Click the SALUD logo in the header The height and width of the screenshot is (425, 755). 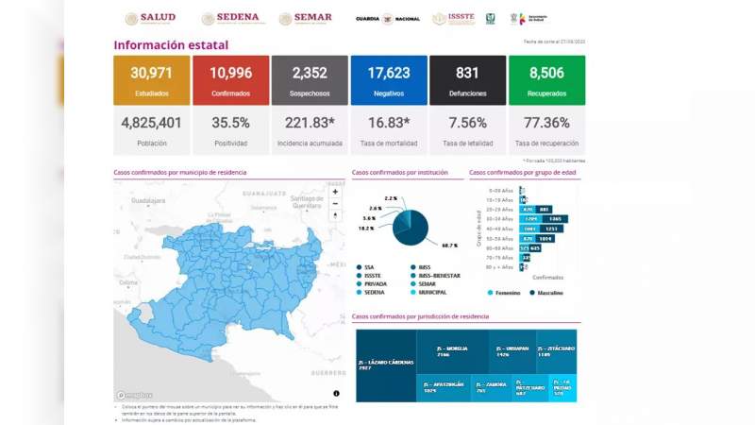pyautogui.click(x=150, y=19)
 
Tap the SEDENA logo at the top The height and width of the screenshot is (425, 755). pyautogui.click(x=230, y=19)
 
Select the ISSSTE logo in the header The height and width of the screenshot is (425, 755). pyautogui.click(x=454, y=19)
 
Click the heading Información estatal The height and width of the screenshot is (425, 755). pyautogui.click(x=171, y=45)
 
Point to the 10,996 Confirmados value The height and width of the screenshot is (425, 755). pyautogui.click(x=228, y=73)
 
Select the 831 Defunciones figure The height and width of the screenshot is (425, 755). pyautogui.click(x=467, y=73)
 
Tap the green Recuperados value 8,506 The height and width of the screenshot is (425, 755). pyautogui.click(x=546, y=73)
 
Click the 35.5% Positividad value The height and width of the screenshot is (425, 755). pyautogui.click(x=228, y=122)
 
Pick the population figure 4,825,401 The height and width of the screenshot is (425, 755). pyautogui.click(x=151, y=122)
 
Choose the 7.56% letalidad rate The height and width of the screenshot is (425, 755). pyautogui.click(x=467, y=122)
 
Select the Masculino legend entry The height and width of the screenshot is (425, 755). pyautogui.click(x=548, y=293)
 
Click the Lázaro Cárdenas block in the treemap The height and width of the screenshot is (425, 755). pyautogui.click(x=385, y=365)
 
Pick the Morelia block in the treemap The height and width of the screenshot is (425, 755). pyautogui.click(x=451, y=350)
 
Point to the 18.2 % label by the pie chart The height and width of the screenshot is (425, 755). pyautogui.click(x=366, y=228)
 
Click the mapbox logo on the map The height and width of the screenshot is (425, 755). pyautogui.click(x=135, y=395)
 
